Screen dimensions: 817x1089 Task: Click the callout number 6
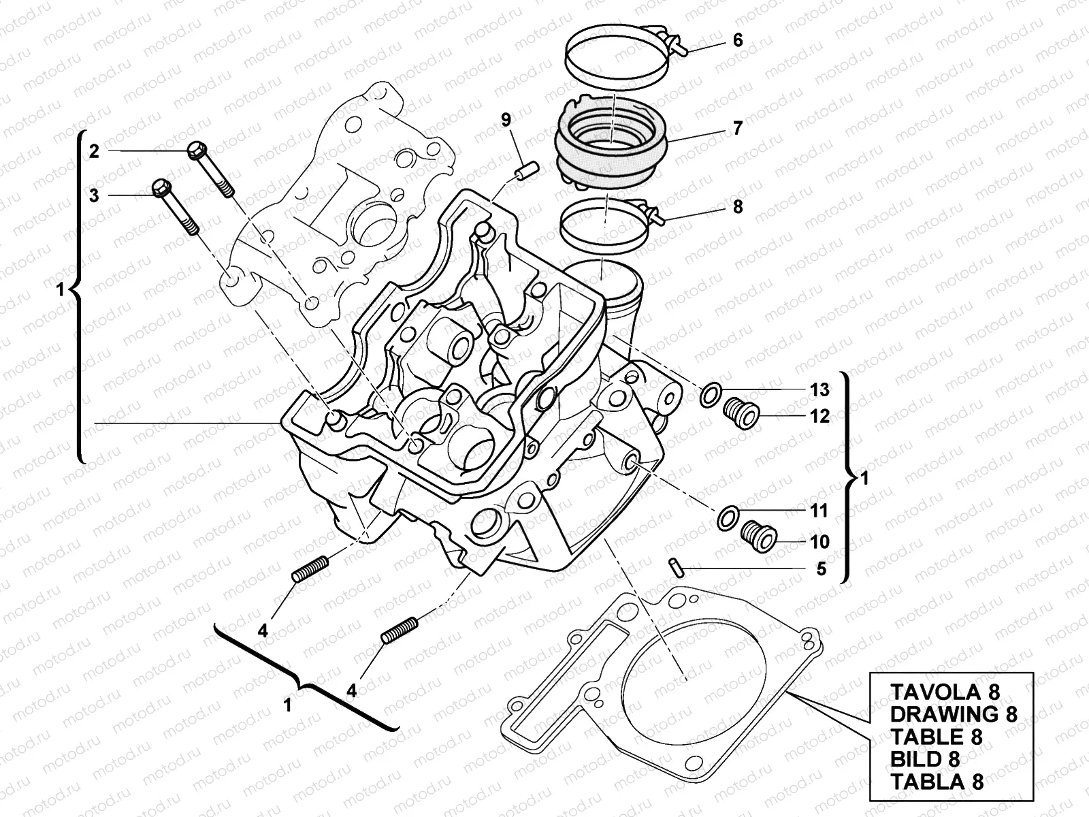[738, 40]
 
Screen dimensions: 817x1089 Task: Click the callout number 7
[738, 128]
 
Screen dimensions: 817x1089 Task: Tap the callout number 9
[506, 121]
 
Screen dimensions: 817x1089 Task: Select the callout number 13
[820, 390]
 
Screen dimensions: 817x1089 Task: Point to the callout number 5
[821, 568]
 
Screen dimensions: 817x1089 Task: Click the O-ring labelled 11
[728, 517]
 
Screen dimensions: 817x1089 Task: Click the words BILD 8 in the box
[925, 758]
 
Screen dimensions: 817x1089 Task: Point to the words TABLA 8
[937, 781]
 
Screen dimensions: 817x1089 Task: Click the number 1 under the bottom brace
[287, 705]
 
